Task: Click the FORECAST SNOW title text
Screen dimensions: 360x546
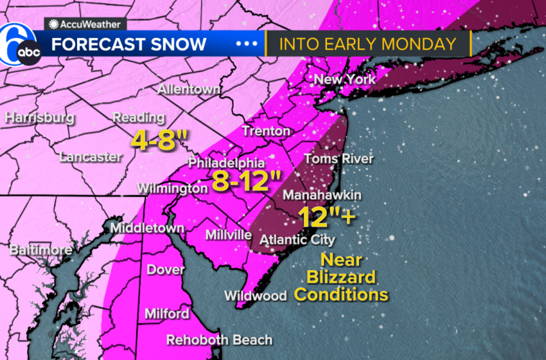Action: pos(128,44)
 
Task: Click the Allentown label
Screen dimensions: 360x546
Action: pos(189,89)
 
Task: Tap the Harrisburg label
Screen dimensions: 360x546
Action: pos(40,118)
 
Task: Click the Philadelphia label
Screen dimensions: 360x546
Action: pos(226,163)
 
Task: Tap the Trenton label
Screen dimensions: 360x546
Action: pos(266,130)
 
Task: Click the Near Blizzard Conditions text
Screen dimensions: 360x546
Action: pos(341,278)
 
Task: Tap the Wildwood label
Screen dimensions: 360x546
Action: pos(255,296)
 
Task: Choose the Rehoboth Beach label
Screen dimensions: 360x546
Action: pos(220,339)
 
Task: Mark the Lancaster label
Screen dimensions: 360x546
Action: pos(90,156)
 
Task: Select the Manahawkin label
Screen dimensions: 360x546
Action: pos(322,195)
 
